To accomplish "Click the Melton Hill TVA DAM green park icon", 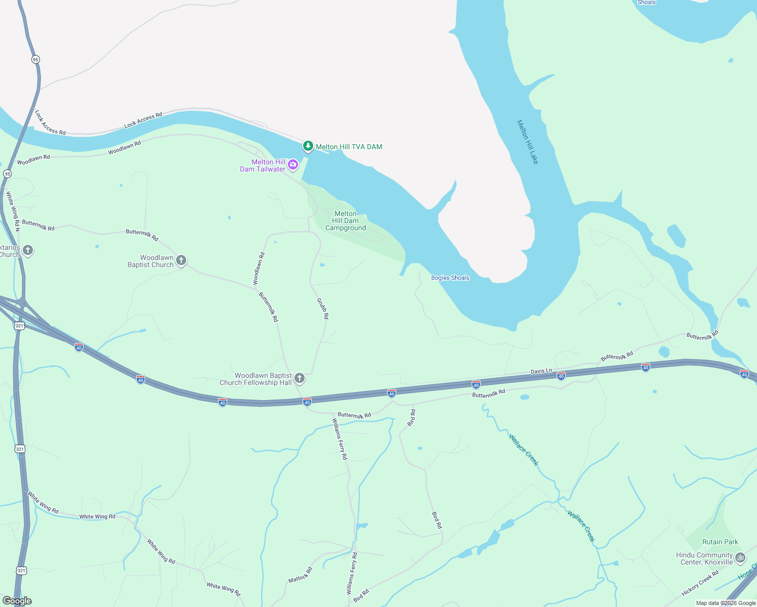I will pos(308,146).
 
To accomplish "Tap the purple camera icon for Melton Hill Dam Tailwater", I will pos(293,164).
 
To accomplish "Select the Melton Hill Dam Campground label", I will pos(346,221).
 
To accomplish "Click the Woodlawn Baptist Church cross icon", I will pos(181,261).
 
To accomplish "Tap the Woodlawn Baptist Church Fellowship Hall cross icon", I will pos(300,378).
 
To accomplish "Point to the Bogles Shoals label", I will pos(450,278).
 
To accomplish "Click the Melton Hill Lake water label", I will pos(527,142).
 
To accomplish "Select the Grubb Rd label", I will pos(323,309).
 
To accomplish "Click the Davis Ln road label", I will pos(541,371).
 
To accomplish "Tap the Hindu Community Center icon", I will pos(740,557).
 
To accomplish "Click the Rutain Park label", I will pos(720,542).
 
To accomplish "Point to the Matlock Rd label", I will pos(300,575).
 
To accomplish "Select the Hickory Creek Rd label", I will pos(700,583).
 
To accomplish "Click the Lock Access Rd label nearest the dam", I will pos(143,120).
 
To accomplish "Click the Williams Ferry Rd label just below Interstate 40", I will pos(340,439).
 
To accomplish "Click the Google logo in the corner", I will pos(17,600).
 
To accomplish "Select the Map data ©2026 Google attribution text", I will pos(726,603).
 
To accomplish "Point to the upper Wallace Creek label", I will pos(524,450).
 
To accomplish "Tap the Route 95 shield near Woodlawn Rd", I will pos(7,174).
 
